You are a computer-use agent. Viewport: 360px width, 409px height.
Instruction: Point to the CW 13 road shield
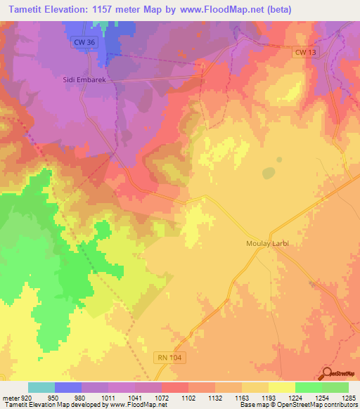(x=302, y=53)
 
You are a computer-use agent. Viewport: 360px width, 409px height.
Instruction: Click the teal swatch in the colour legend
(x=41, y=387)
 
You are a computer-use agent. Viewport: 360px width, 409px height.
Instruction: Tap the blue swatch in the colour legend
(x=68, y=387)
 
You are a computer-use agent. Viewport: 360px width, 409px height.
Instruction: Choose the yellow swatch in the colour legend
(x=282, y=387)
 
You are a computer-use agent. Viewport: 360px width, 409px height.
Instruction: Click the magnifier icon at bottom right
(x=327, y=373)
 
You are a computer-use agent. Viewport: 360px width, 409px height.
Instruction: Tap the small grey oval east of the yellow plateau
(x=269, y=173)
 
